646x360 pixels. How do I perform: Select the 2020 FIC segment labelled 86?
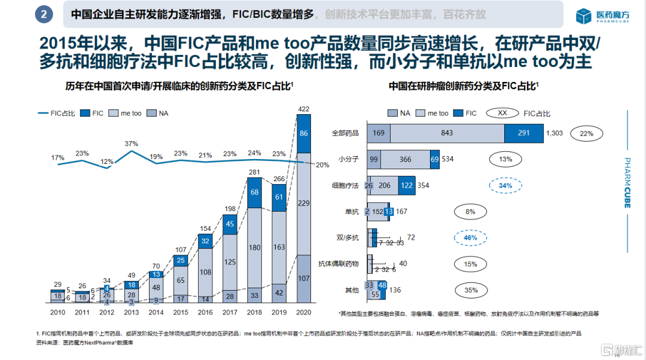304,134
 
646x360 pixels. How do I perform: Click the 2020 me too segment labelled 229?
304,204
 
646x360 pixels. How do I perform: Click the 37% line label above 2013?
132,144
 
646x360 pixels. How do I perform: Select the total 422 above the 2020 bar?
304,109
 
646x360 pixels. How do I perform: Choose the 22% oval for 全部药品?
586,133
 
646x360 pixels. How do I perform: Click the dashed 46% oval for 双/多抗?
470,237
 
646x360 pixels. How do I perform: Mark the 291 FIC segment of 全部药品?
523,133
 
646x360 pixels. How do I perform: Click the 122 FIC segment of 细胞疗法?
407,185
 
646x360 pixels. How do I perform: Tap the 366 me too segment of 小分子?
406,159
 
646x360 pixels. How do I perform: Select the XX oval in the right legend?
502,112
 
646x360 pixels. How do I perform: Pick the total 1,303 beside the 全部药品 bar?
554,133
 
